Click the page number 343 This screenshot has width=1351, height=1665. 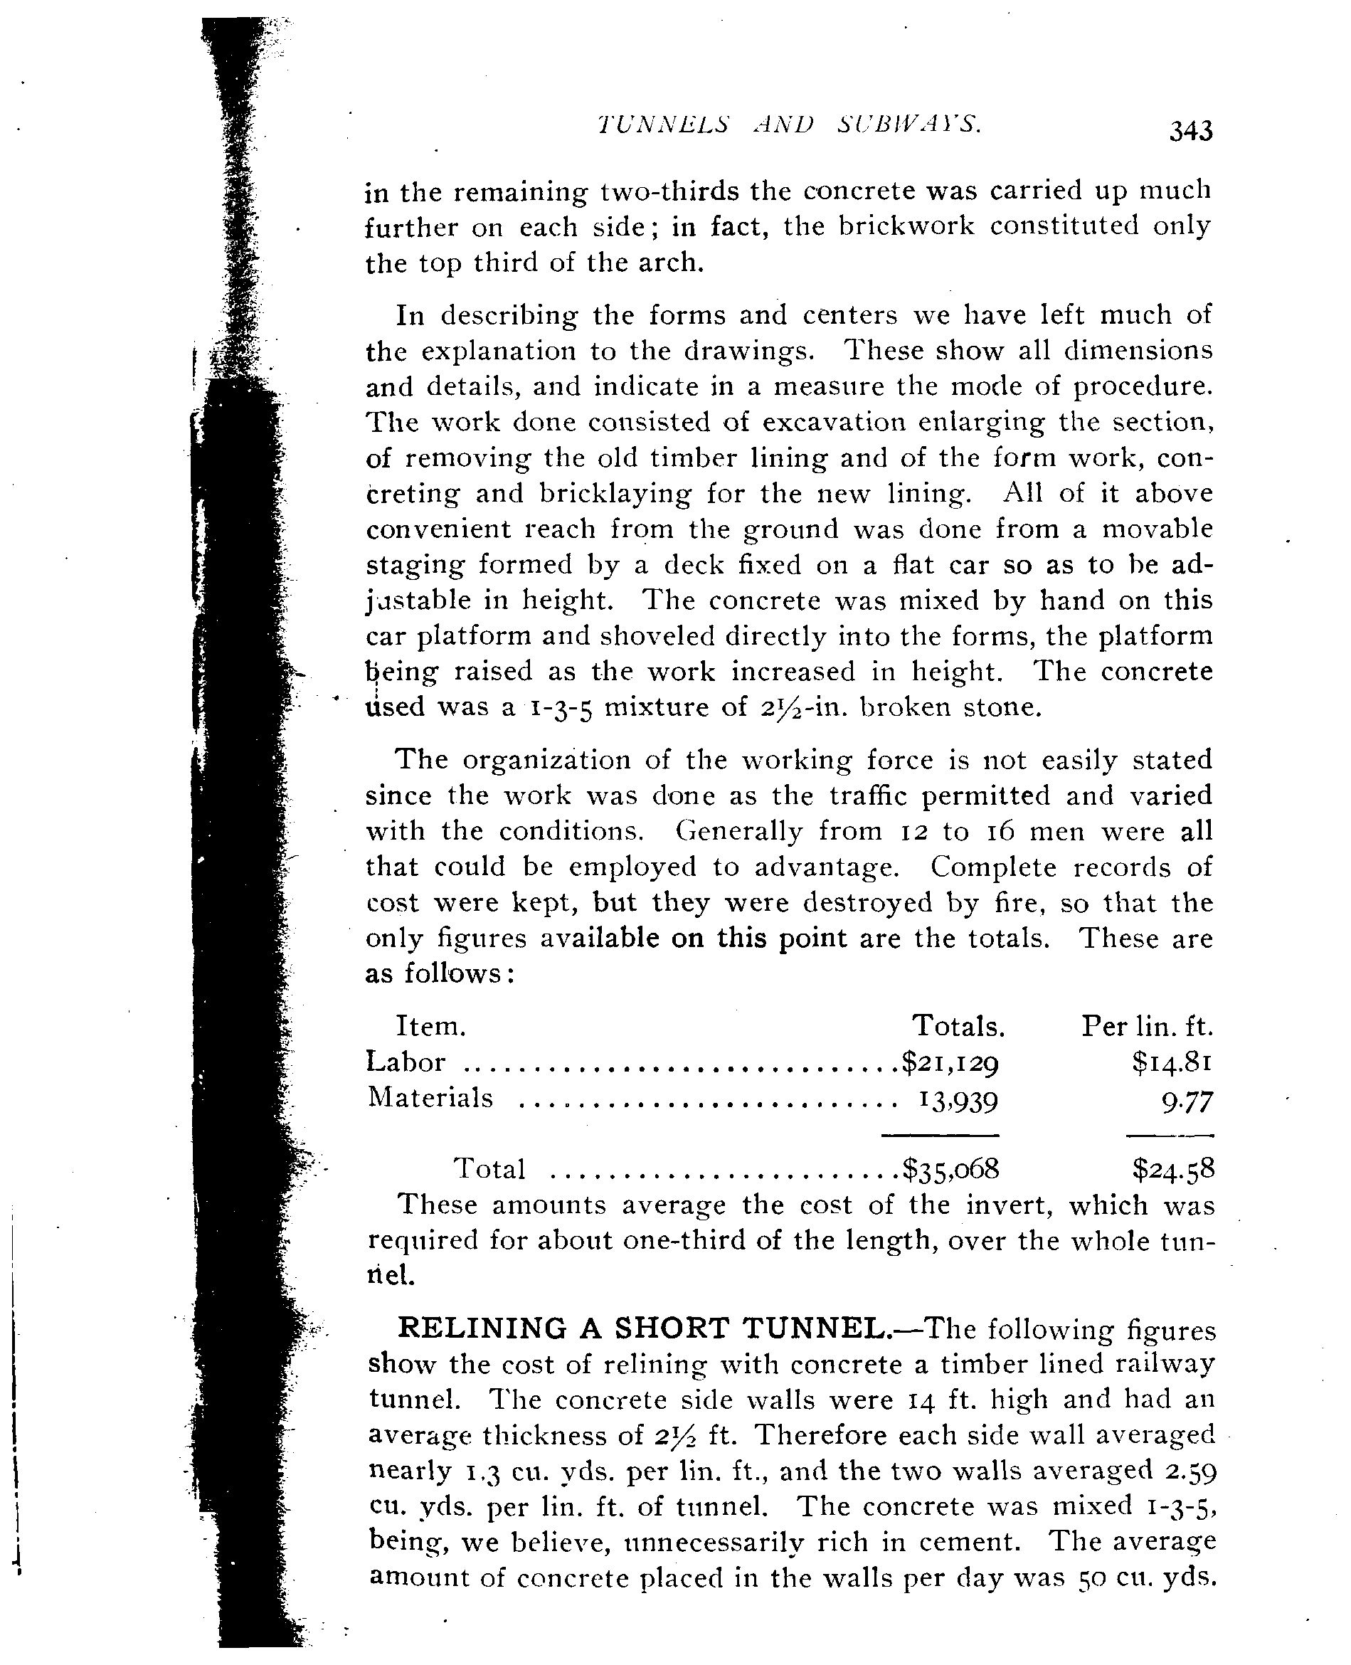[1190, 131]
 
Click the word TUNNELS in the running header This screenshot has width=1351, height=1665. [663, 125]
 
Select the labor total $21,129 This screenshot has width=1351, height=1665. [950, 1062]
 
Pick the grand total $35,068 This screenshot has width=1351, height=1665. [950, 1168]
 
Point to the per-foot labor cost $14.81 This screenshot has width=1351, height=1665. [1172, 1062]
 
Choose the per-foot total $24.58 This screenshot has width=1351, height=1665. [1172, 1168]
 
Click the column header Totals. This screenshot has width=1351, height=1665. [958, 1027]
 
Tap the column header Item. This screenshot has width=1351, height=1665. [431, 1027]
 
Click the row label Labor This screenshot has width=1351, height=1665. [406, 1062]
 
